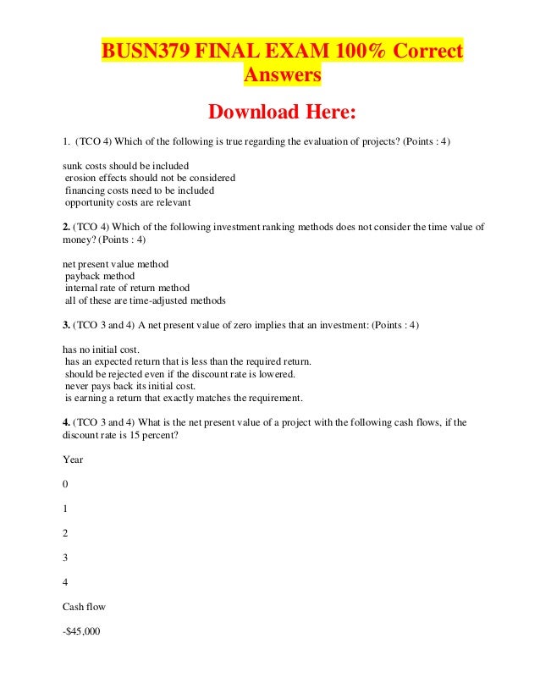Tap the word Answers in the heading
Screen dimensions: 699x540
(x=283, y=76)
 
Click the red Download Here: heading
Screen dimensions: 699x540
(x=283, y=112)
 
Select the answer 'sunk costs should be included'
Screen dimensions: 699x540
(x=126, y=165)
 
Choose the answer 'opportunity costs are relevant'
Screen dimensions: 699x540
(x=128, y=203)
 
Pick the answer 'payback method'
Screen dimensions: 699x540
(x=100, y=276)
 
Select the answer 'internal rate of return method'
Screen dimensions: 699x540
(x=128, y=289)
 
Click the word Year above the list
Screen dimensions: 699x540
(x=73, y=460)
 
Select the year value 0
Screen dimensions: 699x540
(x=66, y=485)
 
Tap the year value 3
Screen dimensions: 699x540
(x=66, y=558)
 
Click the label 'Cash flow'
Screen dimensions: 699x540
(x=85, y=607)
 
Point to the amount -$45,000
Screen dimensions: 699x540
(x=82, y=631)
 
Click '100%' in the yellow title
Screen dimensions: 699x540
(x=349, y=52)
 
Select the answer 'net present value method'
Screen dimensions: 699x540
(x=116, y=264)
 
